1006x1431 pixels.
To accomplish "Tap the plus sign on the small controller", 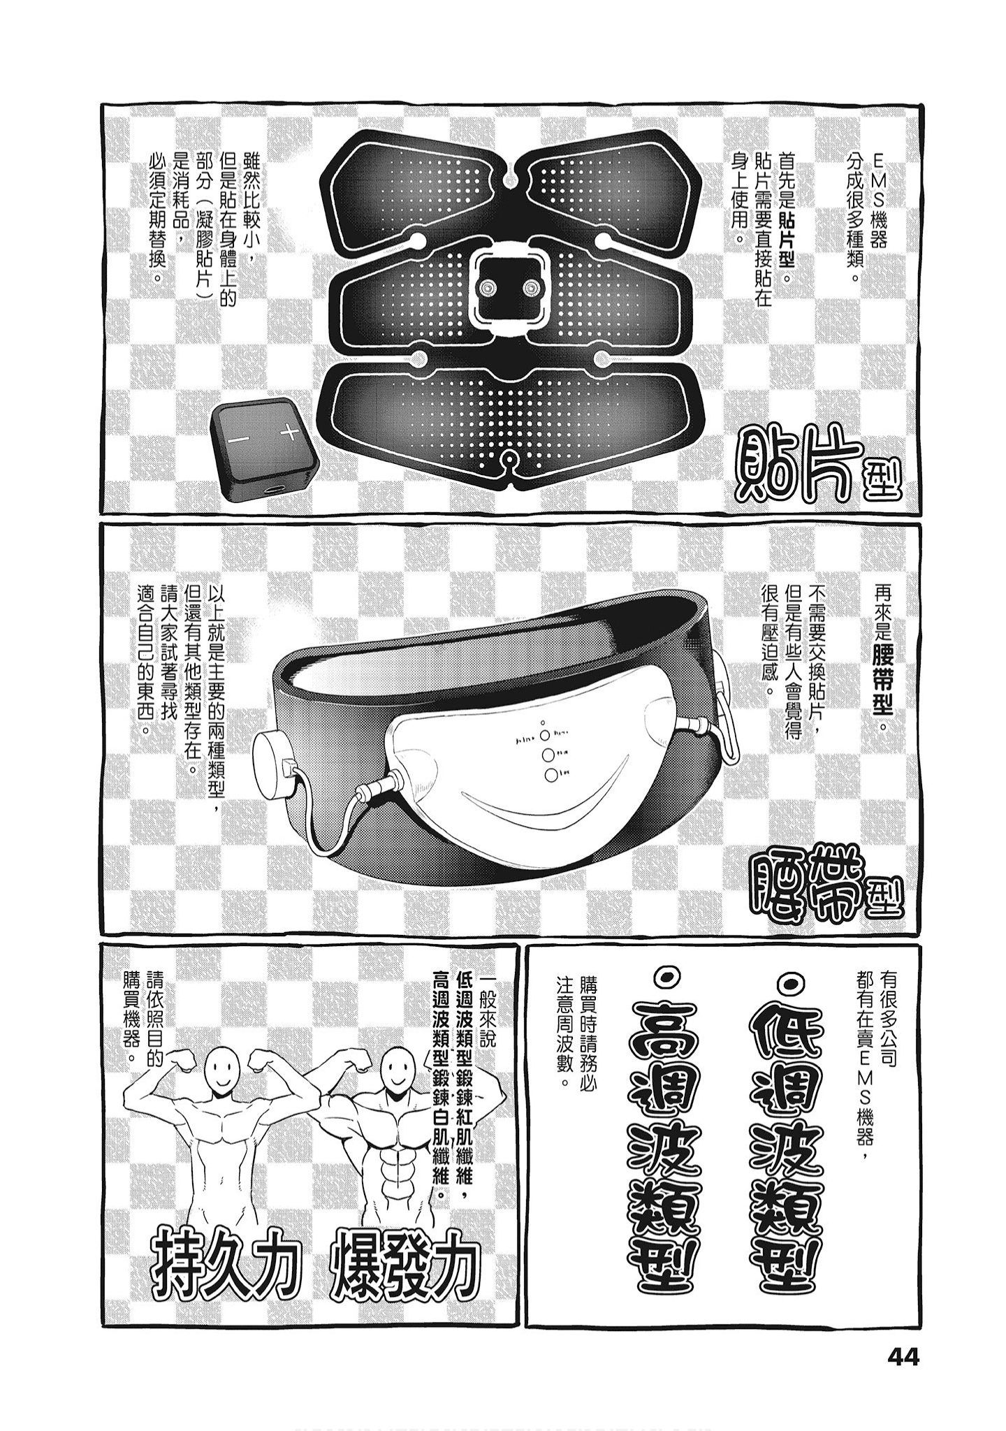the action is [290, 433].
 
